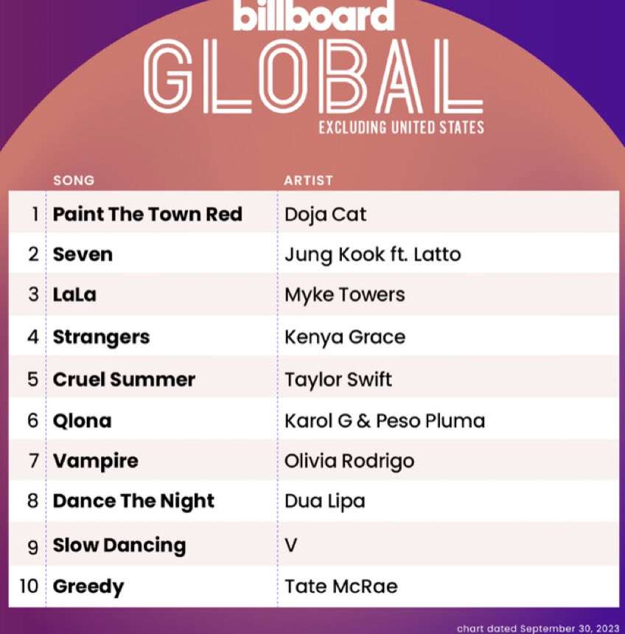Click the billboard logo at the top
(314, 15)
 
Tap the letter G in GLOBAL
(168, 77)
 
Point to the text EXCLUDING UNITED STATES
(401, 128)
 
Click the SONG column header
(74, 181)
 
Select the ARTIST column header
(309, 181)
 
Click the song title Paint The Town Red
(147, 214)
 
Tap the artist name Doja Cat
(326, 215)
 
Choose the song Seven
(83, 255)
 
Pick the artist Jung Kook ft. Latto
(373, 255)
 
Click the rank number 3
(34, 294)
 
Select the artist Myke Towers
(344, 295)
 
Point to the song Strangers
(101, 338)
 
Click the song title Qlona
(82, 421)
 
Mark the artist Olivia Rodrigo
(349, 461)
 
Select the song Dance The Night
(133, 501)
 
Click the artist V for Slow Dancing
(290, 545)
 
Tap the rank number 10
(29, 586)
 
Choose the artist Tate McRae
(341, 587)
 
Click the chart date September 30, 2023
(538, 629)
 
